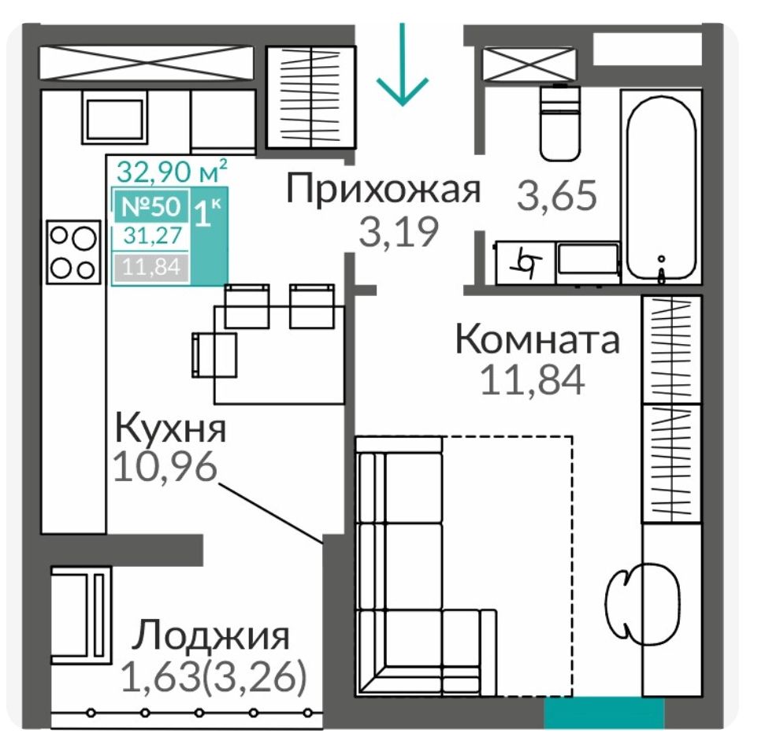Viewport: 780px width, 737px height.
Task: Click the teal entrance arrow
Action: [402, 65]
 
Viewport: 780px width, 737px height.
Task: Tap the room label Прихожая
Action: [384, 189]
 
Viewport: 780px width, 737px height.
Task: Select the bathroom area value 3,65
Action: [557, 195]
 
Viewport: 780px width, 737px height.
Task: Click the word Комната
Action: [537, 339]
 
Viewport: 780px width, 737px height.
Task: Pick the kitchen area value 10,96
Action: [165, 466]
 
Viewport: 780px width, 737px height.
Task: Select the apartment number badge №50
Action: [152, 206]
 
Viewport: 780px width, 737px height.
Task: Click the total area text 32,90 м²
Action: [172, 171]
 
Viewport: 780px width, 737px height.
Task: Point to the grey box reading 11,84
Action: [151, 268]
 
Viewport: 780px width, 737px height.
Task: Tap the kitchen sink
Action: [115, 120]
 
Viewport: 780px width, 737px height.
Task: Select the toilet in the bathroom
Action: [561, 123]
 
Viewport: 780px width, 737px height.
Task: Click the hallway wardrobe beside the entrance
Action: [311, 97]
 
